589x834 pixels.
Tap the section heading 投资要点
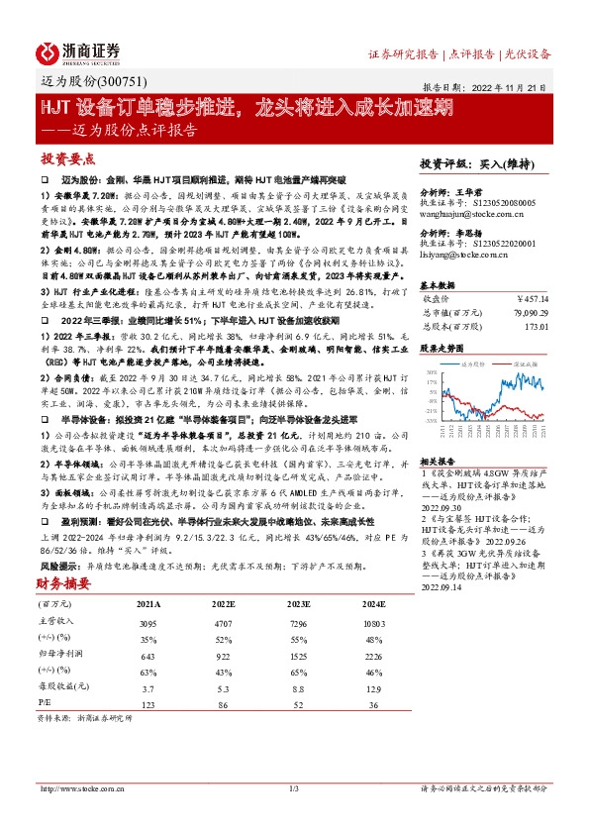pyautogui.click(x=66, y=158)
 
